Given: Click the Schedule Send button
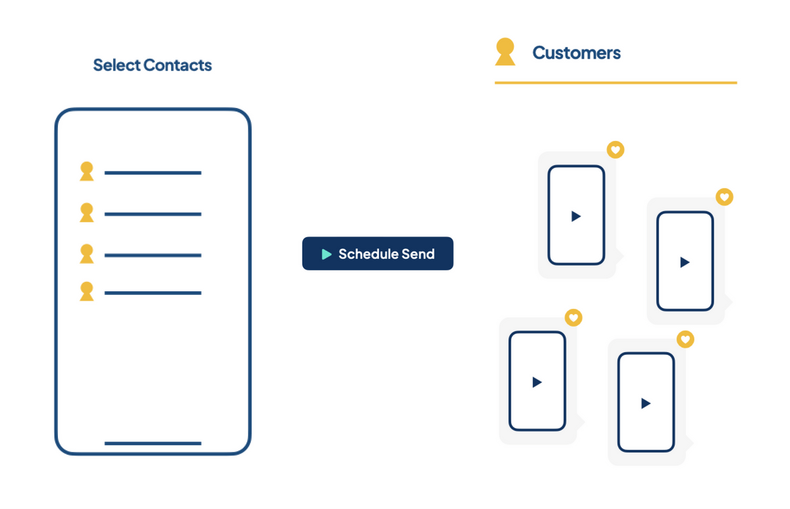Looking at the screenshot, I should pos(378,254).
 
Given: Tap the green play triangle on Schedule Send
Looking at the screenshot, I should pos(326,254).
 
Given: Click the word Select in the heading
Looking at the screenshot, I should pos(117,65).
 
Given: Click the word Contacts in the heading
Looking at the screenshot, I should pos(178,65).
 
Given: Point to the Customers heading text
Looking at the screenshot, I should pos(576,53).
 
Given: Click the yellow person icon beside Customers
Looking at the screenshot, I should pos(505,52).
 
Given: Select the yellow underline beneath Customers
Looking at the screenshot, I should pos(615,83).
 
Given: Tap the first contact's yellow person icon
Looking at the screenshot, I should pos(86,172).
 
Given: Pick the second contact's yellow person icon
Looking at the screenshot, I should pos(86,213).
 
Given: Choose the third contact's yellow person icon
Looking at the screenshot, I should pos(86,254).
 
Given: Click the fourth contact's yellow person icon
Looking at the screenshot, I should pos(86,291).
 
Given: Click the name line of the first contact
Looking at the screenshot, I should pos(153,173).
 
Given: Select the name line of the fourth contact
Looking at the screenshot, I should pos(153,292).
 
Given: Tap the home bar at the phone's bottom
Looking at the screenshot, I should pos(153,443).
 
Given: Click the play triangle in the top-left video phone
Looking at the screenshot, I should pos(576,216).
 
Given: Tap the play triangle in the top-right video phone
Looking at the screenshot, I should pos(685,262).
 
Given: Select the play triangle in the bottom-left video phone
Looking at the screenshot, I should pos(537,382).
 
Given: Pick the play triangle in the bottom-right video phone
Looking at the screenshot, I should pos(646,403).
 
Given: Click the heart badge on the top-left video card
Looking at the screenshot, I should pos(615,150).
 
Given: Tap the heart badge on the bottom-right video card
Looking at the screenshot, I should pos(686,340).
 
